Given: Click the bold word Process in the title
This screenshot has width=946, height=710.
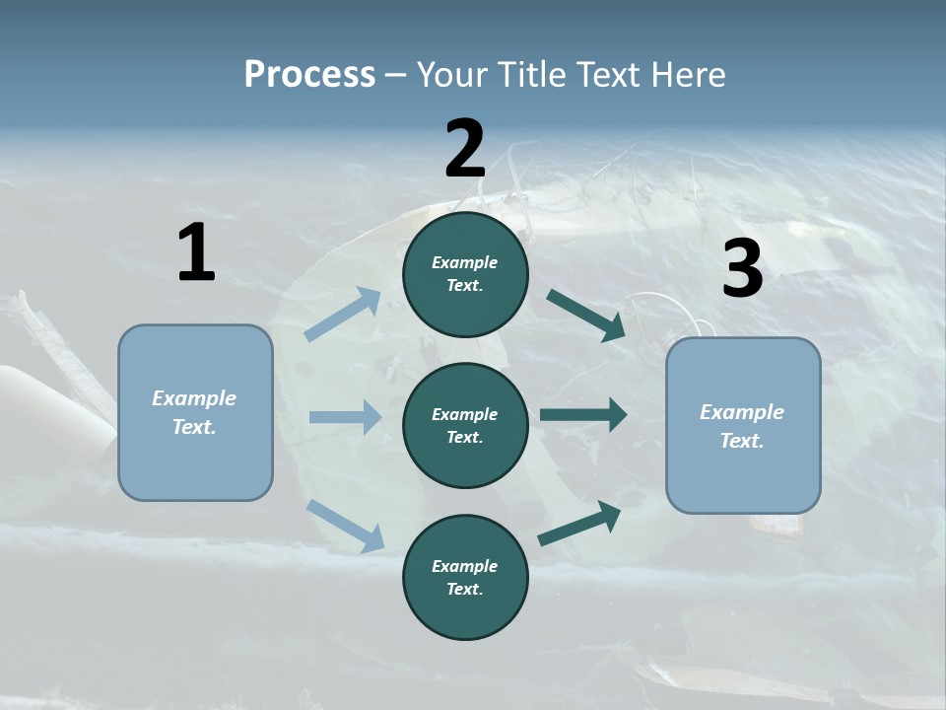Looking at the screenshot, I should point(309,74).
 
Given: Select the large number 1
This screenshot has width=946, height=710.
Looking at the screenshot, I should point(196,253).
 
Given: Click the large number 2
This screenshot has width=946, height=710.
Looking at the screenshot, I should point(465,149).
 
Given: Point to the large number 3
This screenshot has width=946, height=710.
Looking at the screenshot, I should point(742,268).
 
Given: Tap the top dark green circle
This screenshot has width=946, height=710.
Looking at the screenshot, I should point(465,274).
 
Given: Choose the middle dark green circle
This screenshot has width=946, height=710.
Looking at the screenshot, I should point(465,426).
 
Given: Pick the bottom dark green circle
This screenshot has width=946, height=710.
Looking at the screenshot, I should point(465,578).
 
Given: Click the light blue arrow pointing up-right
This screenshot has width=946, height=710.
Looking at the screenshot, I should point(344,315).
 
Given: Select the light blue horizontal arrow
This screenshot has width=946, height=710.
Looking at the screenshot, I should point(345,417).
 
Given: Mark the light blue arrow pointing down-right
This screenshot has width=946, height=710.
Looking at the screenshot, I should point(345,525).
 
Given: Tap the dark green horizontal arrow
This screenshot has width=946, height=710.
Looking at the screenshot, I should point(583,415).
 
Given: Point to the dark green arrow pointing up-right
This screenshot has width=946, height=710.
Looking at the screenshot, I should point(579,524).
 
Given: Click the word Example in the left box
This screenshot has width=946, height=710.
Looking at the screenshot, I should point(194,398).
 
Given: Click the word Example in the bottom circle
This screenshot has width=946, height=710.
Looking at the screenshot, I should point(464,566).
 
